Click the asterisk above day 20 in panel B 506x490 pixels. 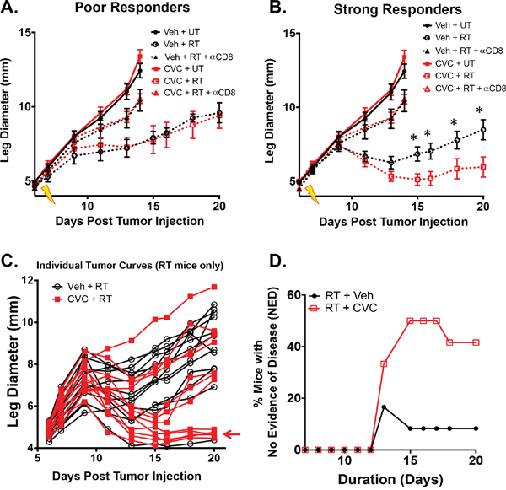pos(480,110)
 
